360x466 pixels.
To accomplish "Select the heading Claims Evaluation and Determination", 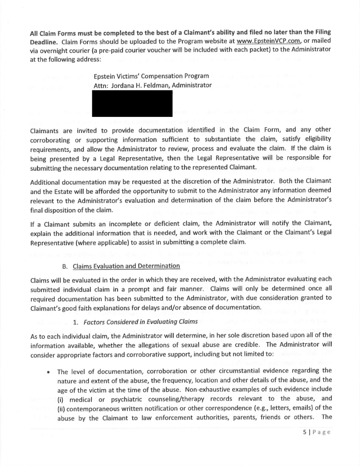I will point(126,266).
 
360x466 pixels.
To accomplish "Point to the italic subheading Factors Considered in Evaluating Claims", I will point(140,321).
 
